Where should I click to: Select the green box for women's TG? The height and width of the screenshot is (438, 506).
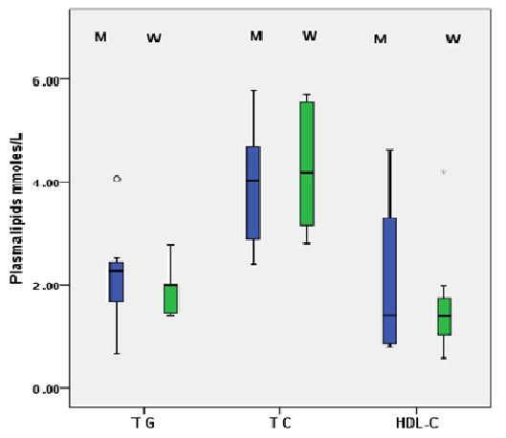[170, 298]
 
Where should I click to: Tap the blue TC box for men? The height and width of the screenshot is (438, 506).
[253, 192]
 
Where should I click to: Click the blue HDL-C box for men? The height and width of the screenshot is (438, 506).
[389, 281]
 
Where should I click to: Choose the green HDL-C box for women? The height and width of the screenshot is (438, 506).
[444, 316]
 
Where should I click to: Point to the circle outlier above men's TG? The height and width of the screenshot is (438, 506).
[117, 178]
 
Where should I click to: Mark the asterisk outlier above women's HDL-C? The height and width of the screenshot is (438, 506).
[444, 173]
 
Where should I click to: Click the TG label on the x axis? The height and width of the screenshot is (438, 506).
[143, 423]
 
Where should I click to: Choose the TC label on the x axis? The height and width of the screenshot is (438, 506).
[279, 423]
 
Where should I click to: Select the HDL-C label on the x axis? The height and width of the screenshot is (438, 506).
[417, 423]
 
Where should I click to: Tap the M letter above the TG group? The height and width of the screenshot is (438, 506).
[100, 37]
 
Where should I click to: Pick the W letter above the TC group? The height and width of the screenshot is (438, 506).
[309, 36]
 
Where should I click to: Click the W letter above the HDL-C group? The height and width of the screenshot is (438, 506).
[453, 39]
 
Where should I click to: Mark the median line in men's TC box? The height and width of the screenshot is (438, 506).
[253, 181]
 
